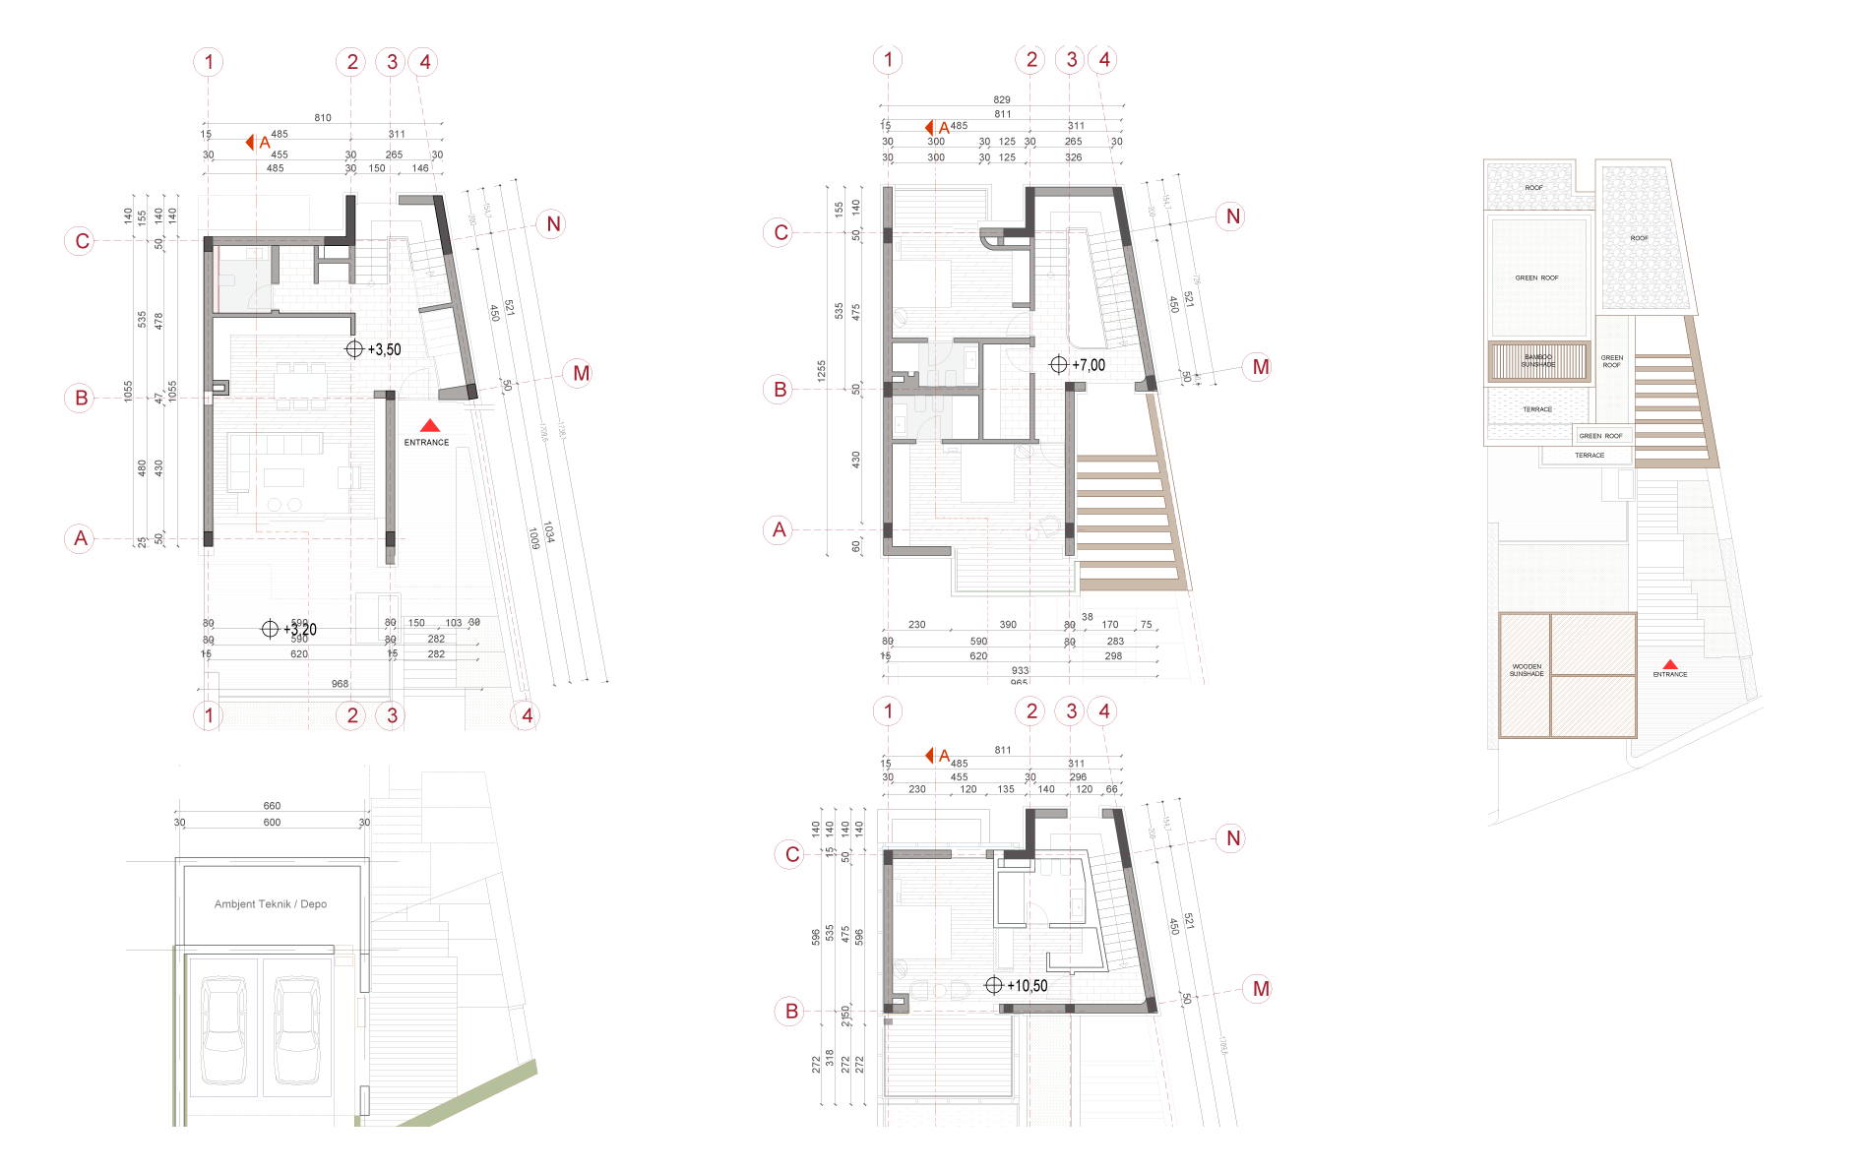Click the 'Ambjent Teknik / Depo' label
tap(271, 904)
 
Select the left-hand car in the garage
tap(223, 1028)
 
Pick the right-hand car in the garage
tap(296, 1028)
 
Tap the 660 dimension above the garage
tap(272, 806)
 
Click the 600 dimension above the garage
tap(272, 823)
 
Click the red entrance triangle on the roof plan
tap(1670, 664)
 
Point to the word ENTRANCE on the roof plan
tap(1670, 675)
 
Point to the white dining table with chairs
tap(300, 386)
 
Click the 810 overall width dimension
tap(323, 118)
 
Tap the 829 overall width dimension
tap(1002, 100)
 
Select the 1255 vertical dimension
tap(821, 371)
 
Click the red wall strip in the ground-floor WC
tap(217, 279)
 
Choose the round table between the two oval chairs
tap(940, 990)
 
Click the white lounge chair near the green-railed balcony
tap(1051, 526)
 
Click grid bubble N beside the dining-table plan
tap(553, 224)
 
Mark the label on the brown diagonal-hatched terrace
tap(1528, 669)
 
